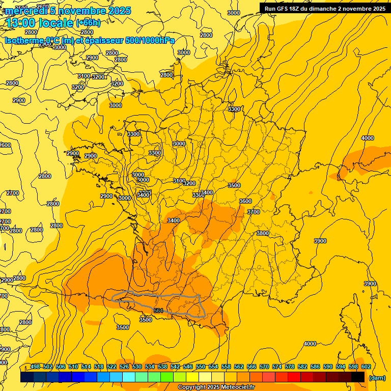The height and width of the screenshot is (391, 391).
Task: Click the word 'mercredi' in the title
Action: [27, 11]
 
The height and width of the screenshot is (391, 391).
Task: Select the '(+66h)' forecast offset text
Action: [88, 23]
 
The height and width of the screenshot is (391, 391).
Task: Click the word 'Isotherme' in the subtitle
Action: [24, 41]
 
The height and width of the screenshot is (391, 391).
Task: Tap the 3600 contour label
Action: [245, 201]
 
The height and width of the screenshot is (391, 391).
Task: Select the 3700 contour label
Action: [253, 212]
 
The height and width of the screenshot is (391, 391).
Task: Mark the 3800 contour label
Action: [262, 233]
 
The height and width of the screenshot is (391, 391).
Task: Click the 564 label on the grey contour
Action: [158, 311]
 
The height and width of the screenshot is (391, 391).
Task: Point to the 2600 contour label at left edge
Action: [5, 145]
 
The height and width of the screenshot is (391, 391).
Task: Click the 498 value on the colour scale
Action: [35, 367]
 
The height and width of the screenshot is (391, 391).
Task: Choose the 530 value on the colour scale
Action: [137, 367]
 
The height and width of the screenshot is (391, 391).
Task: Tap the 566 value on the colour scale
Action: [252, 367]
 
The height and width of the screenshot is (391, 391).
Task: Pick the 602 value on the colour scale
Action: [366, 367]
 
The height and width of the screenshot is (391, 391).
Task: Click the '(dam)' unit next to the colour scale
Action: [377, 378]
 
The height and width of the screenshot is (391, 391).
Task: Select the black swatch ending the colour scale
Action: [358, 377]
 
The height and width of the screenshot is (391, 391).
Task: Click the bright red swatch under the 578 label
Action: [294, 377]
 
